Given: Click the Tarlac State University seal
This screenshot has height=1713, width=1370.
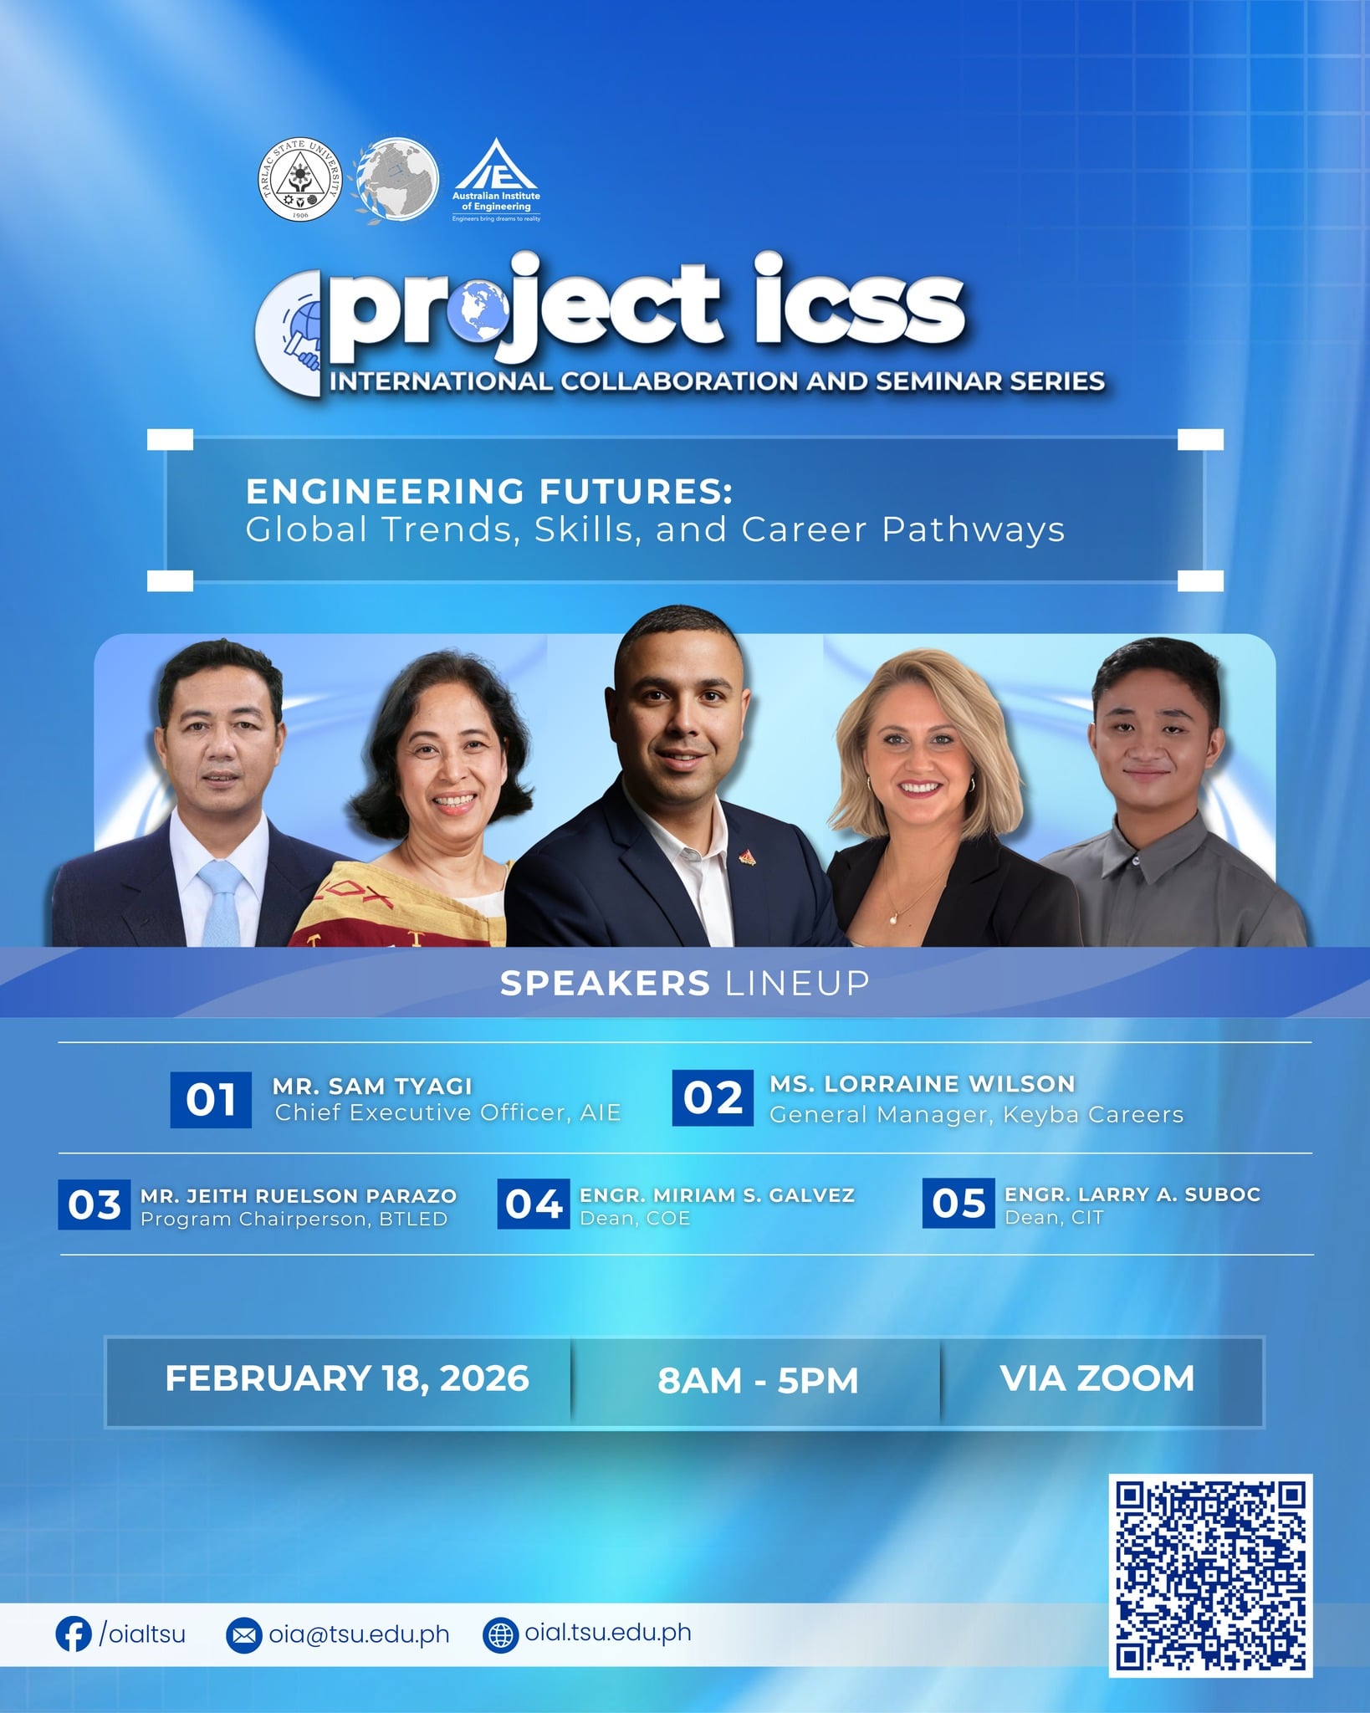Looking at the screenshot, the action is [300, 180].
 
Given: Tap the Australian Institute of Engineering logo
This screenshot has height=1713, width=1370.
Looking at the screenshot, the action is [497, 180].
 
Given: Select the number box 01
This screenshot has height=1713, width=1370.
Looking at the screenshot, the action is [211, 1099].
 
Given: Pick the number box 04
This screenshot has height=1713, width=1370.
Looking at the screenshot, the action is [534, 1204].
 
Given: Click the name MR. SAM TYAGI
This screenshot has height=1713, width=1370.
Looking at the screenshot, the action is [372, 1086].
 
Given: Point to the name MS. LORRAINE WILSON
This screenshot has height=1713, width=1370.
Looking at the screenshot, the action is [923, 1083].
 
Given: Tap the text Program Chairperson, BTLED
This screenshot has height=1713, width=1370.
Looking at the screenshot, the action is [294, 1219].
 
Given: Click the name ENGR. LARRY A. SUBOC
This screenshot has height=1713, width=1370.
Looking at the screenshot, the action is [1132, 1194].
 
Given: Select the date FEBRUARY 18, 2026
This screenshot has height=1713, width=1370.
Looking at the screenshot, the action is [347, 1378].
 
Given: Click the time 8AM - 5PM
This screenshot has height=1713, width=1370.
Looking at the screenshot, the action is [758, 1380].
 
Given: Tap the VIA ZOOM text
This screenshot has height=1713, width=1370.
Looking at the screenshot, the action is [1097, 1378].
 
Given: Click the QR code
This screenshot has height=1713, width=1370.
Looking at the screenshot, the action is [1210, 1575].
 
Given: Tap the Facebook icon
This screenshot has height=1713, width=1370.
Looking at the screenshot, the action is [74, 1634].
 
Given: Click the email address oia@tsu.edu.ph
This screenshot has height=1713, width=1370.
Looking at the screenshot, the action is [359, 1634].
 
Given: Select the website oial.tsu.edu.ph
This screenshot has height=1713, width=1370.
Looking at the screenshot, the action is [608, 1633].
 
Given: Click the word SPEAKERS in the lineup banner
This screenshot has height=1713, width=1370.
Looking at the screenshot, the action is [605, 983].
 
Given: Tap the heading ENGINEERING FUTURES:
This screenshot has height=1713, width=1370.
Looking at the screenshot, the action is [489, 491].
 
